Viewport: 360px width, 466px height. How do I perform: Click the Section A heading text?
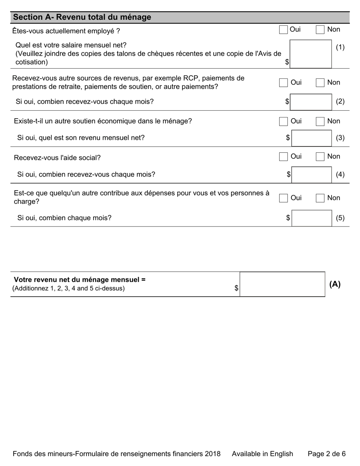coord(82,17)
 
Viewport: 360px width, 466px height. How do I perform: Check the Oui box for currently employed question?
coord(283,30)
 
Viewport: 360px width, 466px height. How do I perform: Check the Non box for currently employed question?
coord(320,30)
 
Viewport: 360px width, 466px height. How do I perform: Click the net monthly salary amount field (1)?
coord(310,54)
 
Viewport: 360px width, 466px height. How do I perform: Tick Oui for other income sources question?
coord(283,83)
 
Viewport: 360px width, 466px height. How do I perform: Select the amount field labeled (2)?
coord(311,102)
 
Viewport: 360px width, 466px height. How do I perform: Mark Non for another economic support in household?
coord(320,122)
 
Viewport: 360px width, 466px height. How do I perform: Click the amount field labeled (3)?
coord(311,138)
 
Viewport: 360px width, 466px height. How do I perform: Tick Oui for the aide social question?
coord(283,157)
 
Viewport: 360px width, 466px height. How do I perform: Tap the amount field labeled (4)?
coord(311,175)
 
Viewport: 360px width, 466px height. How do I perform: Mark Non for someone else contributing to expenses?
coord(320,198)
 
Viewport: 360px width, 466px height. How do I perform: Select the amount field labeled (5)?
coord(311,218)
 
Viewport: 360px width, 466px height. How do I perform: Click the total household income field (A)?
coord(282,284)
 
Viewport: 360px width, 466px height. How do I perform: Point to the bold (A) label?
coord(335,285)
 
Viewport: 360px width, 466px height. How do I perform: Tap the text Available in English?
coord(262,454)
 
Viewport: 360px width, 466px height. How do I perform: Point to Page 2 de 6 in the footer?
coord(326,454)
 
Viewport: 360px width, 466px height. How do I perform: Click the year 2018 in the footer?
coord(212,454)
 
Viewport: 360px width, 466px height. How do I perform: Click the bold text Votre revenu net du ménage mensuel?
coord(80,280)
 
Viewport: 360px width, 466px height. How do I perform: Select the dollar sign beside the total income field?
coord(236,288)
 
